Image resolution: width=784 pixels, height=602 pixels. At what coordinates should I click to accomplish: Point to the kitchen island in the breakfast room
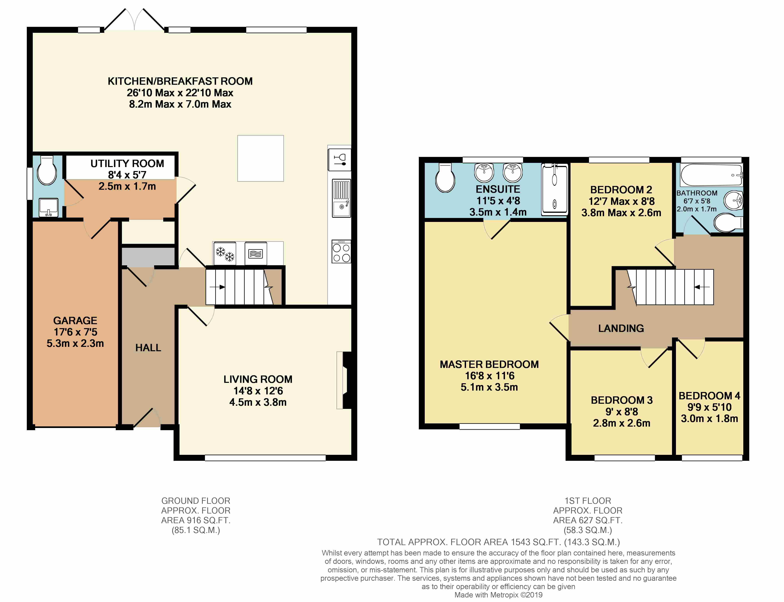(x=261, y=158)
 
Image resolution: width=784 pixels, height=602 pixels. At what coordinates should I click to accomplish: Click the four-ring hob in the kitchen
(x=341, y=252)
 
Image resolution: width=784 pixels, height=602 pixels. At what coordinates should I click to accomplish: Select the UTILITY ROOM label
(x=127, y=163)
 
